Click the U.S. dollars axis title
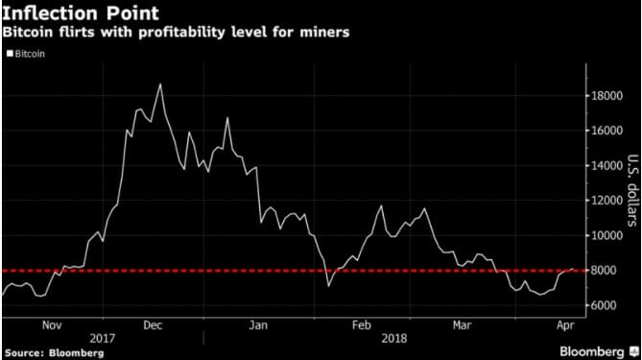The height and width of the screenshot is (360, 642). point(631,192)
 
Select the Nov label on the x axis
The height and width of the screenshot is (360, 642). point(53,325)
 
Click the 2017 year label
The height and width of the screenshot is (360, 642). point(105,338)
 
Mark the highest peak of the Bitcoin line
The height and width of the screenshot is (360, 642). point(160,84)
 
